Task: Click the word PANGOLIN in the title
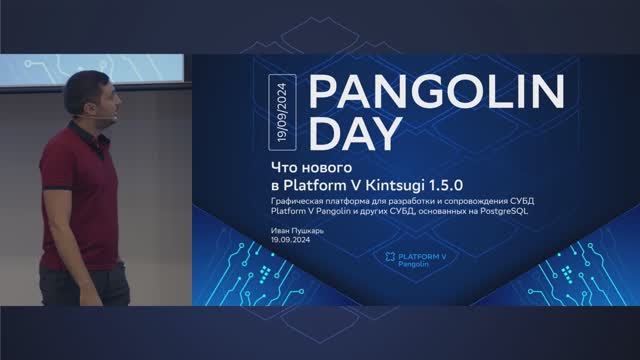[x=435, y=92]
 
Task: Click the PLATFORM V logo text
[x=422, y=256]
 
